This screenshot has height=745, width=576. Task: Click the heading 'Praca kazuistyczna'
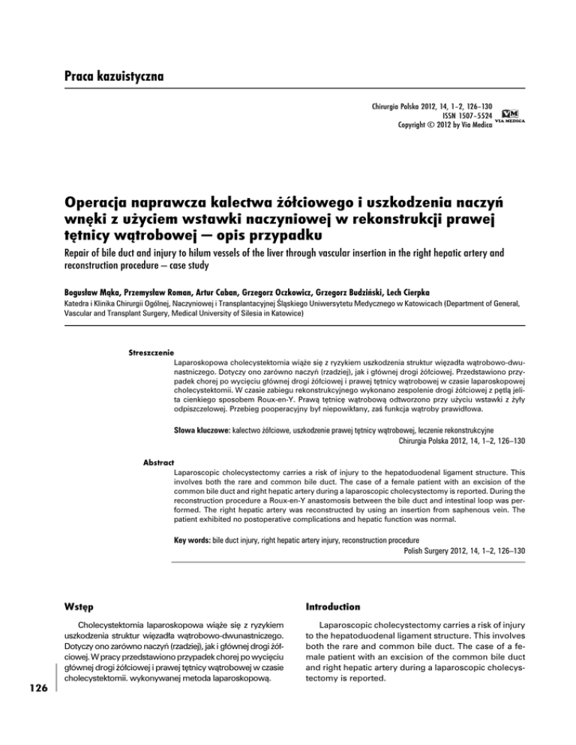pos(113,76)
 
